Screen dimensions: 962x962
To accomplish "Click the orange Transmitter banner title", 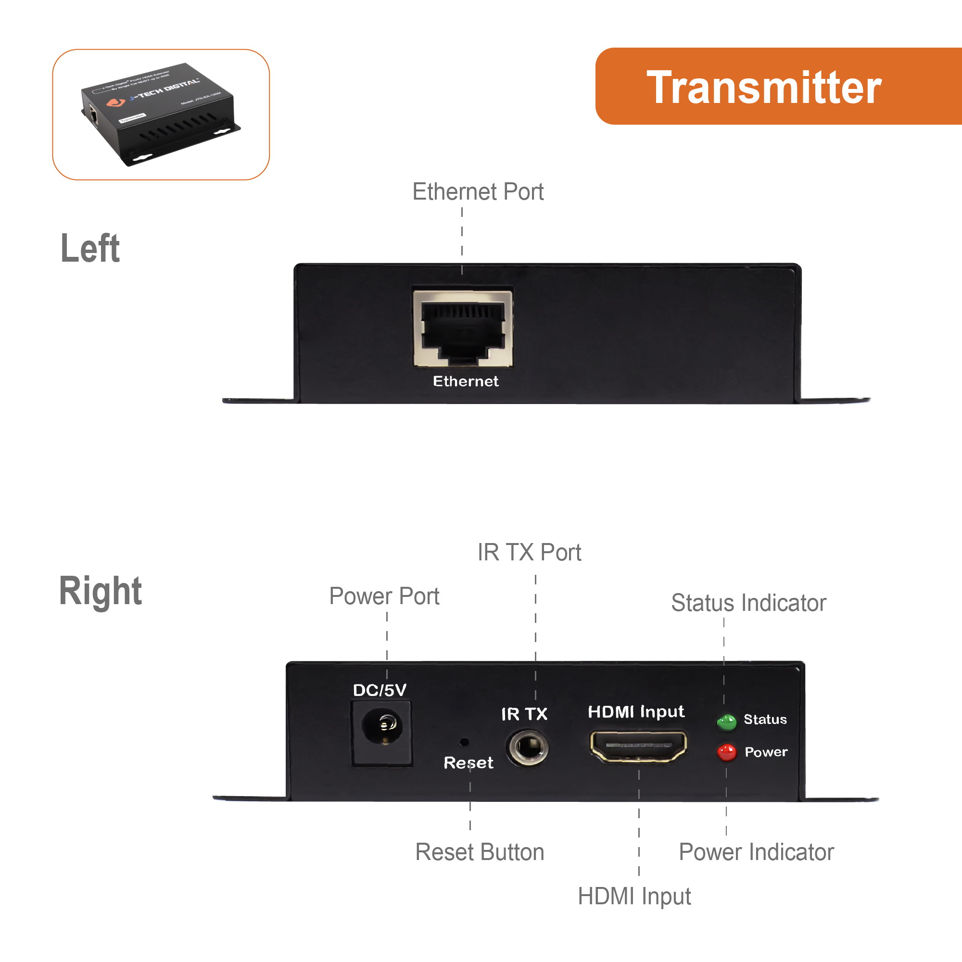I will (x=763, y=88).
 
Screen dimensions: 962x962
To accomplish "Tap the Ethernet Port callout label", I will (x=478, y=192).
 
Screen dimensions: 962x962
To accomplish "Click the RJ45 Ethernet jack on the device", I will (x=463, y=329).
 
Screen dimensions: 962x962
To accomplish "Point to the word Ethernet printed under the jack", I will (x=465, y=381).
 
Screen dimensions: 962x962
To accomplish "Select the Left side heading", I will (x=90, y=248).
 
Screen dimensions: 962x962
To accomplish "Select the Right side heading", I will (x=100, y=591).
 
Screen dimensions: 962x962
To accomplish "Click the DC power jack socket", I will (x=381, y=726).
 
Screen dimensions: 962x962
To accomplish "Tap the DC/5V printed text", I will (x=380, y=690).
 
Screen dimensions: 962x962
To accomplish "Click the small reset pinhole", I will (x=464, y=742).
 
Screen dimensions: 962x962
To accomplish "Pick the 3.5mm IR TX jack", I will (x=527, y=747).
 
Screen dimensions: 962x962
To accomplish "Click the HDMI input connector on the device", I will (x=638, y=746).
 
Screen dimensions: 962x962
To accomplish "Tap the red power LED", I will (x=726, y=752).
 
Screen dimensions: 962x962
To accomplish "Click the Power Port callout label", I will (x=384, y=596).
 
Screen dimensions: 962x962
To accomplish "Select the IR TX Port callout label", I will (x=529, y=552).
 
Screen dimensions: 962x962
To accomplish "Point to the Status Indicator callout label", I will (x=748, y=603).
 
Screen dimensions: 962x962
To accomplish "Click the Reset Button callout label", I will (x=480, y=852).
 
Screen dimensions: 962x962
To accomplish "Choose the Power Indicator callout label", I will (x=756, y=852).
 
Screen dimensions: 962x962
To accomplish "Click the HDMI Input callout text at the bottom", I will (x=634, y=896).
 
